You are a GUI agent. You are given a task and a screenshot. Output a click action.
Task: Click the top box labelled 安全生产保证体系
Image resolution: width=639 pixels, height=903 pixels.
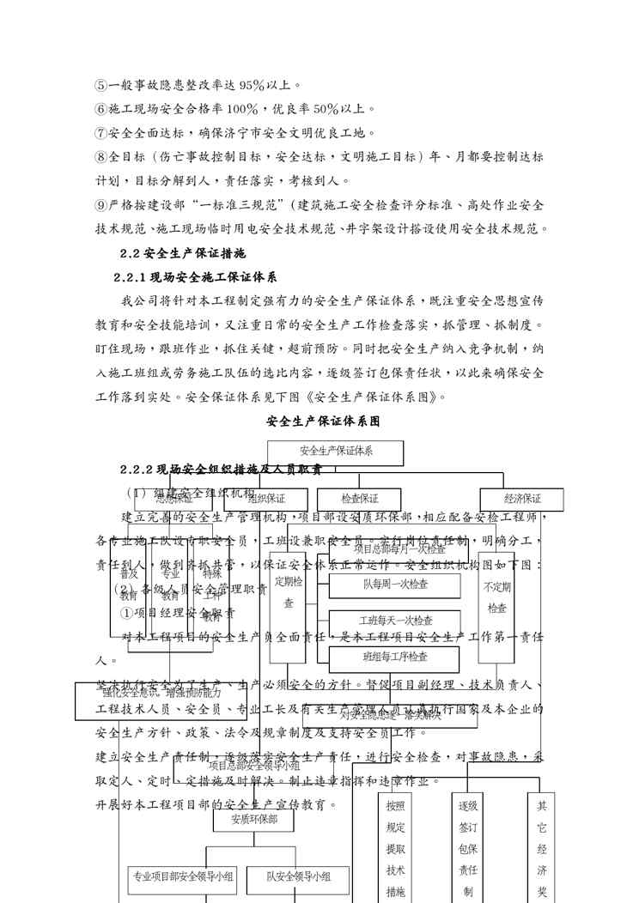point(336,451)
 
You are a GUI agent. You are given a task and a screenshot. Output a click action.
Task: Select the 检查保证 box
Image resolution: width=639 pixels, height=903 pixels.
point(359,499)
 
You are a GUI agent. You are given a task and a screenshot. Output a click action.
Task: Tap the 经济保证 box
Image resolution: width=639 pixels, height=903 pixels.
point(522,499)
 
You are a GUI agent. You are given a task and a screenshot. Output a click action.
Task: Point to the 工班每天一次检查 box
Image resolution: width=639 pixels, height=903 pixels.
point(395,621)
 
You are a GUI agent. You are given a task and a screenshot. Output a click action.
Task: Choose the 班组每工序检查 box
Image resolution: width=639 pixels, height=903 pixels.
point(395,657)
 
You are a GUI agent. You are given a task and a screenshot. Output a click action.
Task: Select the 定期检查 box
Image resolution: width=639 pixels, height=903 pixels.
point(289,592)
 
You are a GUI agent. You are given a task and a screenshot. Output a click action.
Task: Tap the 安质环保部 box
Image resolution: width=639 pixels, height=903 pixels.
point(254,819)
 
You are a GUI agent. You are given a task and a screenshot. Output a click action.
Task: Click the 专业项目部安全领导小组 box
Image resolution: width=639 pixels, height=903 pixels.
point(181,876)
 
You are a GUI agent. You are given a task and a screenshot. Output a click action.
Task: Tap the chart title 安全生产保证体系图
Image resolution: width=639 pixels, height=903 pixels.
point(323,421)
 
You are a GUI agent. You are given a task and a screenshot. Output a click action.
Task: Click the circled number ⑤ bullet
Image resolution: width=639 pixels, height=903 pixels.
point(101,85)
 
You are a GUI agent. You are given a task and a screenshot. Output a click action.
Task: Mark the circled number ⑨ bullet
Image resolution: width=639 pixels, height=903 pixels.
point(101,205)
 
